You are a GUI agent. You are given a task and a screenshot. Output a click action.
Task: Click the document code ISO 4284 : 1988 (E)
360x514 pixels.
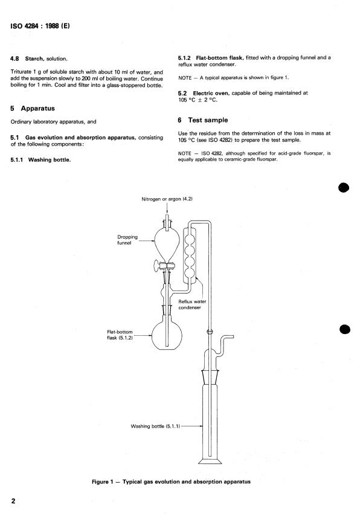(x=40, y=26)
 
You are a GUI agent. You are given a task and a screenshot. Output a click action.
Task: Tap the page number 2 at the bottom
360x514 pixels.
(x=13, y=501)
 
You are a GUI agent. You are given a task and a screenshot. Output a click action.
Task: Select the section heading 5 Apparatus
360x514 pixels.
(x=33, y=109)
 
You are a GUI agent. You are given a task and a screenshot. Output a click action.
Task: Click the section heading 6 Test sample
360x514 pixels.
(x=202, y=120)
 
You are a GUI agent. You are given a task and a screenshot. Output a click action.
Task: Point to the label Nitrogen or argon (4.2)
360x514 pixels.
(x=167, y=199)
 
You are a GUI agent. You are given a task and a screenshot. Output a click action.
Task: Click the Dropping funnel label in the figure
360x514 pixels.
(x=127, y=240)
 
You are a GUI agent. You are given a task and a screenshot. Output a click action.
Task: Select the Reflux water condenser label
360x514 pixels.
(x=192, y=304)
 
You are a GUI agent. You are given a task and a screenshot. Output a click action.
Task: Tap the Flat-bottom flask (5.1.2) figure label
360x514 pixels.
(x=120, y=335)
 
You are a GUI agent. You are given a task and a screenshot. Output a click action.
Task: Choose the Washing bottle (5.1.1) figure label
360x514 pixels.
(x=155, y=426)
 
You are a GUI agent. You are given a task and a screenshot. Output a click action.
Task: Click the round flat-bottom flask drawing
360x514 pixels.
(x=167, y=335)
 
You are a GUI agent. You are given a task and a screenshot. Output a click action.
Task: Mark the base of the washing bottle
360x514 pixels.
(x=210, y=461)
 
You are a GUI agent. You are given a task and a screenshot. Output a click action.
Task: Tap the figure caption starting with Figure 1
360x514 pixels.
(x=171, y=481)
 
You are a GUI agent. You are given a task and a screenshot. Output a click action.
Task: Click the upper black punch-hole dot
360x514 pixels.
(x=344, y=188)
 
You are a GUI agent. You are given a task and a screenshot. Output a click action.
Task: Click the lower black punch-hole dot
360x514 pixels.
(x=344, y=329)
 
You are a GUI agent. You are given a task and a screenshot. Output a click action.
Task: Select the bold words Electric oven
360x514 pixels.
(x=211, y=93)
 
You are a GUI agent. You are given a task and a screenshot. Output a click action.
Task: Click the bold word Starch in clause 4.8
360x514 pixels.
(x=34, y=59)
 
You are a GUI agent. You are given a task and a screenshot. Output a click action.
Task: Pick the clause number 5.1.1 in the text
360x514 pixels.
(x=17, y=160)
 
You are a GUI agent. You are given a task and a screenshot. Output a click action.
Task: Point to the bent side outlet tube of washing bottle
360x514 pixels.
(x=223, y=345)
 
